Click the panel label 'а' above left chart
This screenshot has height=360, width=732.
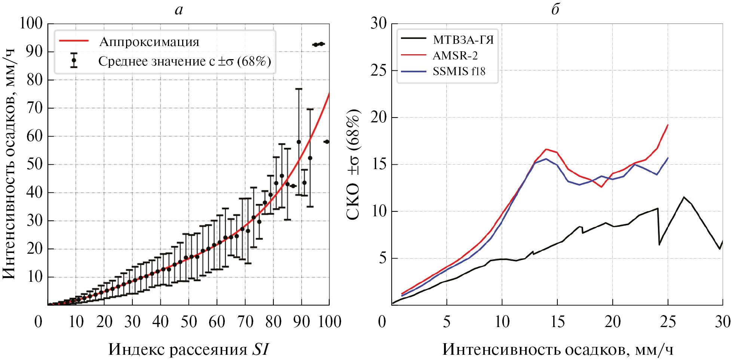click(179, 10)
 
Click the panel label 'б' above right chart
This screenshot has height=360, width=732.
click(555, 10)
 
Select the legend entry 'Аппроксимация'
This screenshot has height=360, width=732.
click(149, 42)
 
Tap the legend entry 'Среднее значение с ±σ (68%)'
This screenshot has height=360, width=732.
click(184, 61)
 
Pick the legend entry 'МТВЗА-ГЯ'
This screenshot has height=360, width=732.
click(463, 40)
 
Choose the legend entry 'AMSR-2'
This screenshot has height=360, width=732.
click(455, 56)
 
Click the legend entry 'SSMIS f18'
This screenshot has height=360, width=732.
click(459, 71)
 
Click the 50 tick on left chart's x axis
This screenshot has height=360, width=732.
click(189, 322)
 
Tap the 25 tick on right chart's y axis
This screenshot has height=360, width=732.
click(379, 70)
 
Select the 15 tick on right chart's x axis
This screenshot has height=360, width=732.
click(557, 322)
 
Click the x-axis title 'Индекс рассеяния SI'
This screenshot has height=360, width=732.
click(189, 350)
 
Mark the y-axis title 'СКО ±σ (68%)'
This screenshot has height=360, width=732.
click(353, 165)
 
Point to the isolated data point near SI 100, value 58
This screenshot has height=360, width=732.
click(327, 142)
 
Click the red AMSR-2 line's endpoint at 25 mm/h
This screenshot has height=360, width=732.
click(668, 125)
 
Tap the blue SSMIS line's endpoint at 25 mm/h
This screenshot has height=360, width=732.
click(668, 158)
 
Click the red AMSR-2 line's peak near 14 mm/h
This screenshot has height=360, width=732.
click(546, 149)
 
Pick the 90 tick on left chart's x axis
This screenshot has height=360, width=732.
click(301, 322)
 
